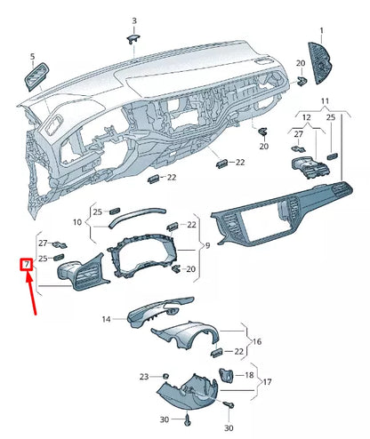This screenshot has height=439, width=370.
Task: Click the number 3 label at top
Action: click(134, 20)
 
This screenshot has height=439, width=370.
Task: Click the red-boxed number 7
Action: click(27, 264)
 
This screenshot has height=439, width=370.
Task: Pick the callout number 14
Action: click(106, 318)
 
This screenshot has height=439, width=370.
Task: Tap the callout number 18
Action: click(249, 376)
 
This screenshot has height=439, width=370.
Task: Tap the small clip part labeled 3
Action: click(134, 36)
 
